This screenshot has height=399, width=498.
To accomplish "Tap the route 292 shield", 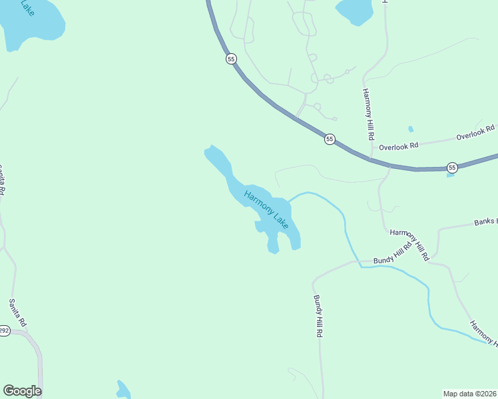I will (x=4, y=331).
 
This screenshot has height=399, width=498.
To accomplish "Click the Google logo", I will (x=22, y=391).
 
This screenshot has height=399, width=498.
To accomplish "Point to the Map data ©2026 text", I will (x=469, y=394).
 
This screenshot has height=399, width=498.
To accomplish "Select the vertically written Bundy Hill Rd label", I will (x=318, y=316).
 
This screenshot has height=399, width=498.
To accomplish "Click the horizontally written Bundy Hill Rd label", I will (x=393, y=252).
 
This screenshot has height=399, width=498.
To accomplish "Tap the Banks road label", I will (x=485, y=221).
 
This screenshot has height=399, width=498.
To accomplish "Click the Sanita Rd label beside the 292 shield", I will (x=18, y=312).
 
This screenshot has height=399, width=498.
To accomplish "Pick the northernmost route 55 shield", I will (x=231, y=59).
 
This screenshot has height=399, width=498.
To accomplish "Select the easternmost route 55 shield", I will (x=452, y=167).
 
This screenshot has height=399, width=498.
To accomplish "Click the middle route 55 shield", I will (x=330, y=139).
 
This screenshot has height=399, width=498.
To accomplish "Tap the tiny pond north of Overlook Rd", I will (x=411, y=129).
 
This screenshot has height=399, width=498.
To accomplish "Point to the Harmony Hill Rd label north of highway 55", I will (x=368, y=113).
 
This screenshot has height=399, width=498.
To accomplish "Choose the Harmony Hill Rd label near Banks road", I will (x=410, y=243).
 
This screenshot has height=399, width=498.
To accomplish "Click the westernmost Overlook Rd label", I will (x=398, y=146).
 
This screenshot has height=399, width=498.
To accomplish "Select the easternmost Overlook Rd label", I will (x=475, y=132).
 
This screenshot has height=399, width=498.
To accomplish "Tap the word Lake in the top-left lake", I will (x=27, y=8).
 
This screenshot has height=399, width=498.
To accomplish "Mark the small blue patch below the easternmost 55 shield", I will (x=451, y=175).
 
